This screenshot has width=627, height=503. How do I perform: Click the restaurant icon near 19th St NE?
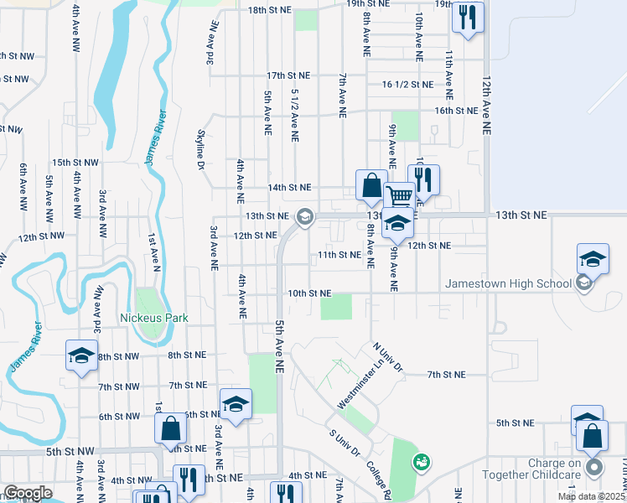[x=468, y=17]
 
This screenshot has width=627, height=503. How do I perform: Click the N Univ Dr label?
[x=388, y=356]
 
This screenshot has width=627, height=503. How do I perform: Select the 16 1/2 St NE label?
[x=407, y=85]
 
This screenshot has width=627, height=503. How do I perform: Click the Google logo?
[x=28, y=493]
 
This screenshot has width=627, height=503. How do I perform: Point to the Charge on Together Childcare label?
[x=543, y=469]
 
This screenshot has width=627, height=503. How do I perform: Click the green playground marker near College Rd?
[x=422, y=461]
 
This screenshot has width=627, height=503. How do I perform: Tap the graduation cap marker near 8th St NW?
[x=82, y=355]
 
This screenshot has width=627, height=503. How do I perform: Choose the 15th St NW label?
[x=75, y=163]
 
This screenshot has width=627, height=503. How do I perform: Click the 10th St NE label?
[x=310, y=293]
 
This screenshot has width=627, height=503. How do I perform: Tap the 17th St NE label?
[x=288, y=75]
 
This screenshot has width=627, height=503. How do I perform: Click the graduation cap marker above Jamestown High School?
[x=593, y=258]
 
